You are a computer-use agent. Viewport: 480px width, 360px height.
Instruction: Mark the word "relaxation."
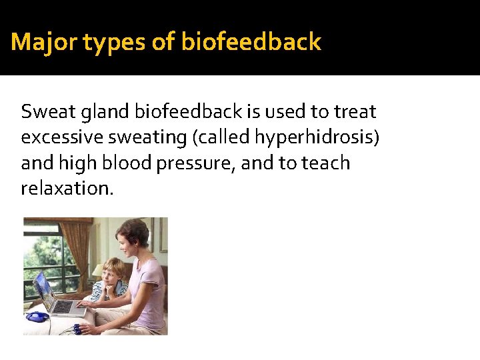[67, 188]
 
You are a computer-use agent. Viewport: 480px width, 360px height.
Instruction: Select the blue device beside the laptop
[37, 317]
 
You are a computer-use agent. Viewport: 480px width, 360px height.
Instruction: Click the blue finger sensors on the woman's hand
[79, 328]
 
